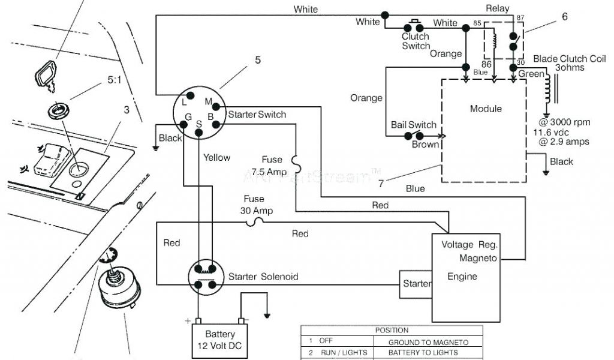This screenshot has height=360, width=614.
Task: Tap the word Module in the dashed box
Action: [x=486, y=109]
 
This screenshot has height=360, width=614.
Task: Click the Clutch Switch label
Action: [x=416, y=41]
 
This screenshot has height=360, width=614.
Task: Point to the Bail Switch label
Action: [x=414, y=125]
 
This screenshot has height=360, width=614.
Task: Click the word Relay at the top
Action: [x=497, y=8]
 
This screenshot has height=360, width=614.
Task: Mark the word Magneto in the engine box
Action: [x=477, y=258]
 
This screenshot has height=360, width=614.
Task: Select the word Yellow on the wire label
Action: [x=216, y=158]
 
